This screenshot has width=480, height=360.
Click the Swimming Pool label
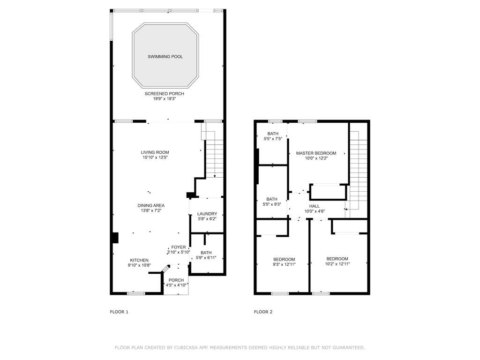165,57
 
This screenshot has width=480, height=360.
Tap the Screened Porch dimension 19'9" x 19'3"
165,99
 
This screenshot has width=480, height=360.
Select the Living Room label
155,152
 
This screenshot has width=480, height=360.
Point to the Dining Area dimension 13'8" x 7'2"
151,210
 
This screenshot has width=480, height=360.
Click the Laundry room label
207,214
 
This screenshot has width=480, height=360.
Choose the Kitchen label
139,260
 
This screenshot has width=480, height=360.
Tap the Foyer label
179,247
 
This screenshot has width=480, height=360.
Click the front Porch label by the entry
176,280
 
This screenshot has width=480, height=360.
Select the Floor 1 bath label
206,253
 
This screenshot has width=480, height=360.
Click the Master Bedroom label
316,153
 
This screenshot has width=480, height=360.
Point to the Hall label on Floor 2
315,206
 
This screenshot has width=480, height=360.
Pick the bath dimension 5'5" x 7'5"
273,139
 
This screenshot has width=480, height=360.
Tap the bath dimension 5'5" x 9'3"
272,204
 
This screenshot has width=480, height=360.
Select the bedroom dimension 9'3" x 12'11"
284,264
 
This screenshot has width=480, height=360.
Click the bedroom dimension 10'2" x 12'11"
337,264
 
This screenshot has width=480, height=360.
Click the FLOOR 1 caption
119,312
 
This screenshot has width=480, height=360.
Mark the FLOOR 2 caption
263,312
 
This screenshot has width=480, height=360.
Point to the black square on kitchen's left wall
115,238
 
